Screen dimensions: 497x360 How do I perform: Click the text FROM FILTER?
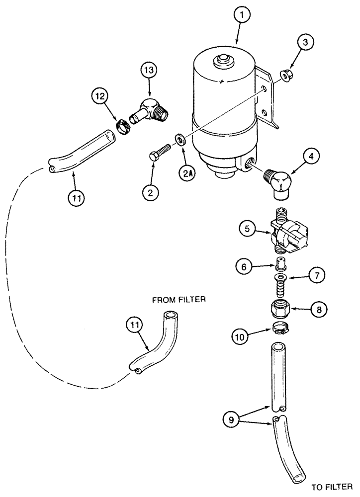tap(179, 300)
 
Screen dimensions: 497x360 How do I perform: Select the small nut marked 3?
tap(286, 76)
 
